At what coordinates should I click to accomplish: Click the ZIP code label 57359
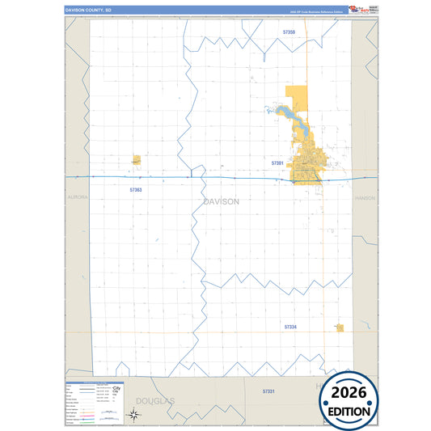[289, 32]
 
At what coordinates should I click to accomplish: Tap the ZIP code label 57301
[277, 163]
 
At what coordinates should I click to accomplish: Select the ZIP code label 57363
[135, 190]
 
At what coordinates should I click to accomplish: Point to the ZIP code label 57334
[290, 327]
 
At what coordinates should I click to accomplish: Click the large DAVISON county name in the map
[221, 201]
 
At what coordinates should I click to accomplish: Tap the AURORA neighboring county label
[77, 196]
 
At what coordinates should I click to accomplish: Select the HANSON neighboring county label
[365, 196]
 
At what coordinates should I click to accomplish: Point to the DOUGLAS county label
[154, 400]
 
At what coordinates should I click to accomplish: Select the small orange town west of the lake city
[136, 160]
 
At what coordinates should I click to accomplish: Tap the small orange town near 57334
[340, 327]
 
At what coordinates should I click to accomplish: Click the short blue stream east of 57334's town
[366, 326]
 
